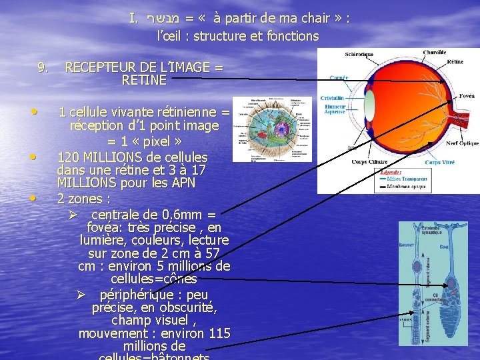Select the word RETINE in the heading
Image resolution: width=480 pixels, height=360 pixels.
point(144,81)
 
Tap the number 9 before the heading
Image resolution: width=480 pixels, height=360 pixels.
point(42,67)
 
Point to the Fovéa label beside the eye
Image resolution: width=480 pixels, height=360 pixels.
point(467,96)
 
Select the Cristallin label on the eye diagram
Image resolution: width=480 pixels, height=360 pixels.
point(331,98)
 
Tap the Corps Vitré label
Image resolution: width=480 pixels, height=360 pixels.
point(439,162)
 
